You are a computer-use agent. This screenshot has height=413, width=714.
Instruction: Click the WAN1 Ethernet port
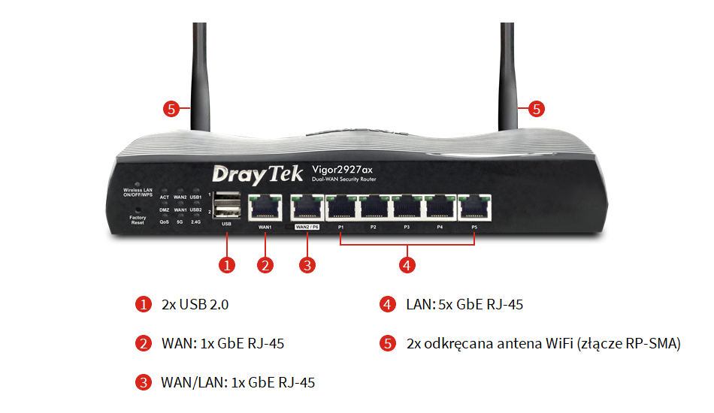265,206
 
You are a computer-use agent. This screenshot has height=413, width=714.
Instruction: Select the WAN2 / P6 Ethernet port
307,206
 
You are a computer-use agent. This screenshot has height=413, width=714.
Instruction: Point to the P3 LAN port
407,206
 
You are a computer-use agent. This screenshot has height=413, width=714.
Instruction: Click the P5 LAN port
473,206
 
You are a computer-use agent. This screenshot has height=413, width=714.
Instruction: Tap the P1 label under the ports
340,227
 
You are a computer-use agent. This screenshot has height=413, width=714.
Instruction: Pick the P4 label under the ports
440,227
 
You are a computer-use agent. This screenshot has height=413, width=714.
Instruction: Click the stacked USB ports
226,204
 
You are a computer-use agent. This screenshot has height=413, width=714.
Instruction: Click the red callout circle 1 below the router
226,264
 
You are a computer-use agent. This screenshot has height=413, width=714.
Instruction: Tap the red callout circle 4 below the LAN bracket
407,264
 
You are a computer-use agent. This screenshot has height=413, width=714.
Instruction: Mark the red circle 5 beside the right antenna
536,109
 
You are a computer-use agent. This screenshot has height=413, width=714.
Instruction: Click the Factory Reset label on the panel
138,220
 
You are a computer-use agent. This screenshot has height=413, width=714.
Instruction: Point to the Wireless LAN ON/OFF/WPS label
138,193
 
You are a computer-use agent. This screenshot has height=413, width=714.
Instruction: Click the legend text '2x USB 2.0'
195,305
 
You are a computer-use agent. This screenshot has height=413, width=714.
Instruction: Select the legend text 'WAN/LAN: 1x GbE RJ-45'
237,382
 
